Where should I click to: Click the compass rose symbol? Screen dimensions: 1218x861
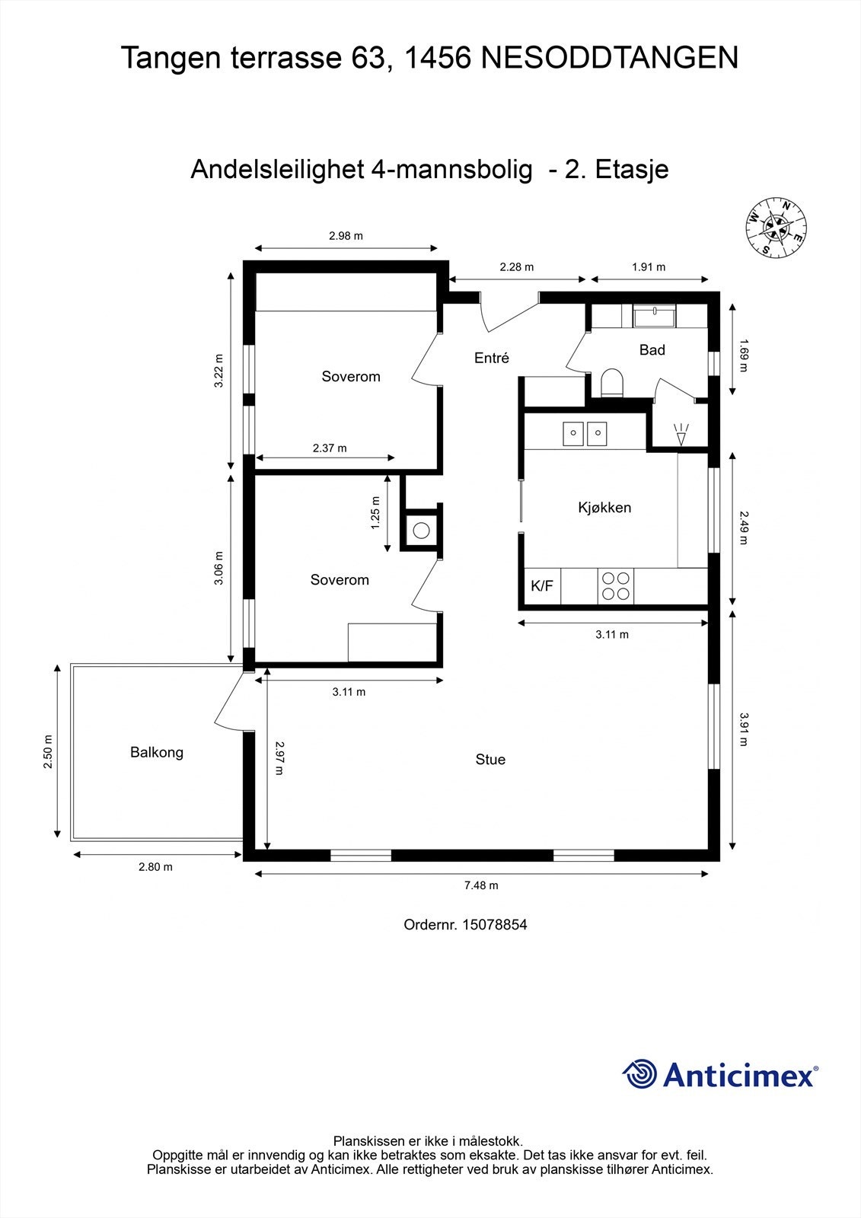tap(776, 228)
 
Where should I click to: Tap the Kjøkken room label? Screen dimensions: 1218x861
tap(604, 508)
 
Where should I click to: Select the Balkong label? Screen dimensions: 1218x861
tap(157, 753)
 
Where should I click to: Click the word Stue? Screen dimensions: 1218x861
tap(490, 760)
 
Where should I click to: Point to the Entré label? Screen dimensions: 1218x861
tap(491, 358)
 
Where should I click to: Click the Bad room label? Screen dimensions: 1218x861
tap(652, 350)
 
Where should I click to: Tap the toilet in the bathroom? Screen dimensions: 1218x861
tap(611, 382)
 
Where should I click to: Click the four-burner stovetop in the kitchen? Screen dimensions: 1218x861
tap(616, 586)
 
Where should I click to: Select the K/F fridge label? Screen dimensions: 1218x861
tap(542, 586)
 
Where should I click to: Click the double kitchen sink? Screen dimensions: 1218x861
tap(584, 434)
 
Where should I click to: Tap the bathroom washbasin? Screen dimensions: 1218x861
tap(655, 315)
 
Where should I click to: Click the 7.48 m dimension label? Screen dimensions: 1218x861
tap(481, 885)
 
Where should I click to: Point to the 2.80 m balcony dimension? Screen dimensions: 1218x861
tap(155, 867)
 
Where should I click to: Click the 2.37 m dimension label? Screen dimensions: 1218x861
tap(329, 448)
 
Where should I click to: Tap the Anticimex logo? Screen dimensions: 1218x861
tap(720, 1075)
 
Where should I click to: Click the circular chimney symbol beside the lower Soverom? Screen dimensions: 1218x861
tap(421, 531)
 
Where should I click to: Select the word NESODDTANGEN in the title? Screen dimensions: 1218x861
tap(610, 59)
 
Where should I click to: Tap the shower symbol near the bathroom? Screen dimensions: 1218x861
tap(681, 434)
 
